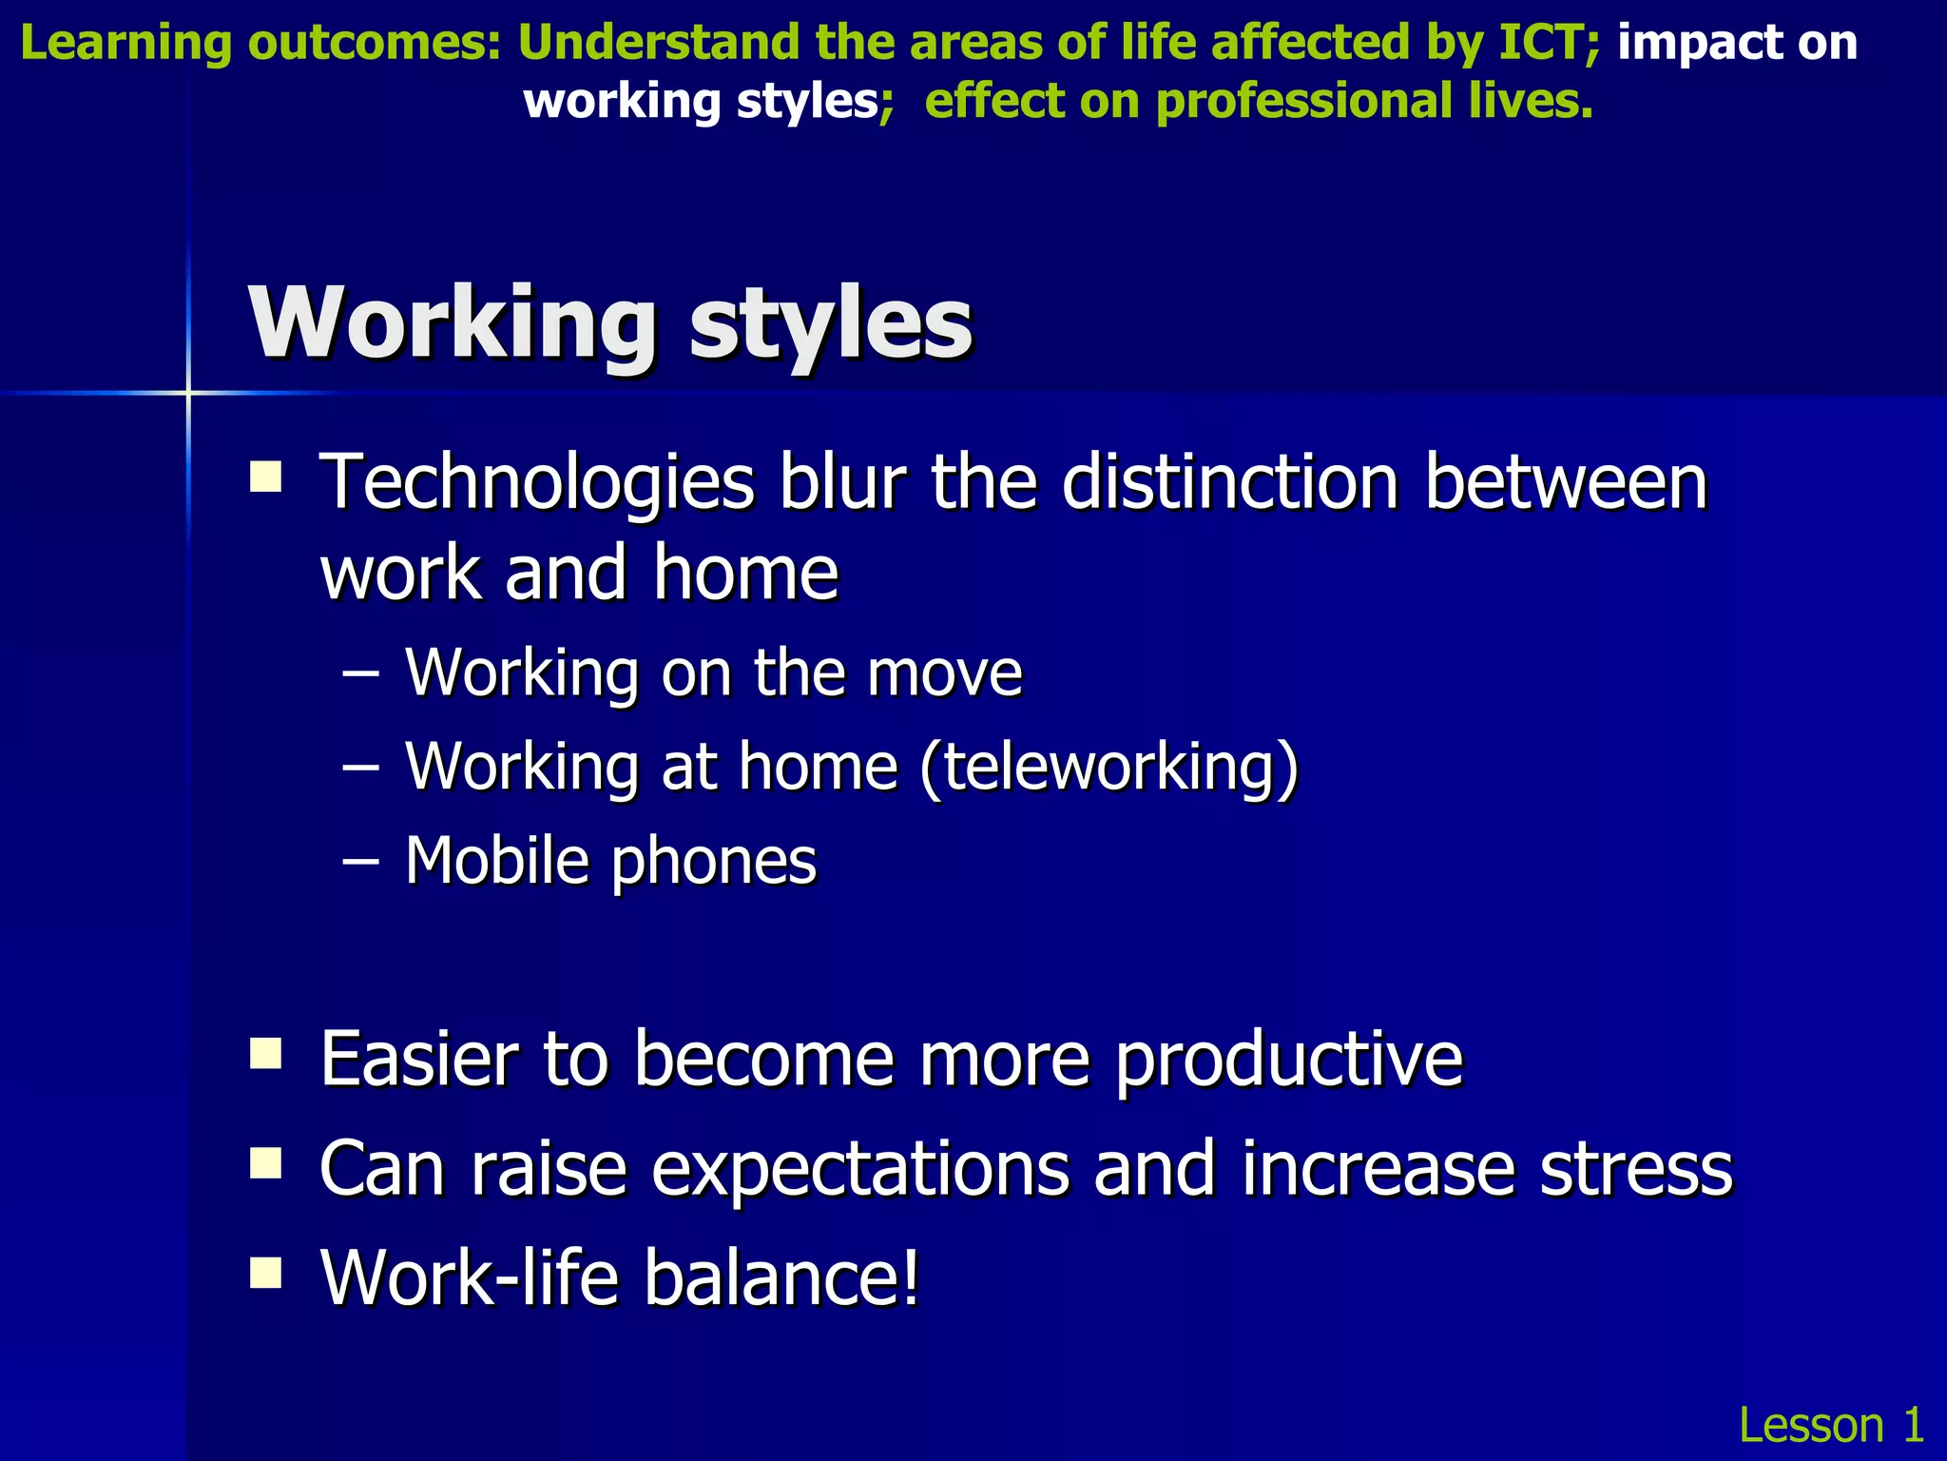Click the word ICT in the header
(1540, 43)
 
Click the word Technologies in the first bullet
(537, 483)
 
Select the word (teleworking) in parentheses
(1108, 767)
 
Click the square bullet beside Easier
(265, 1054)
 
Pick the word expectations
(859, 1171)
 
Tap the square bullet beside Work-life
(265, 1272)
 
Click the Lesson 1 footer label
(1830, 1425)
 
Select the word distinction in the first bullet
(1229, 483)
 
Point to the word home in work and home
(745, 574)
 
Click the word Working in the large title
(453, 323)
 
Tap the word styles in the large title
(830, 323)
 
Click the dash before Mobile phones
(360, 861)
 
